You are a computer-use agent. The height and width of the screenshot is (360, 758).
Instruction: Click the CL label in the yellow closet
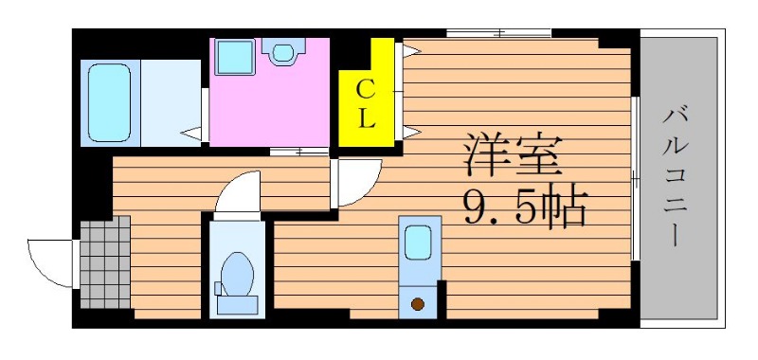pos(366,104)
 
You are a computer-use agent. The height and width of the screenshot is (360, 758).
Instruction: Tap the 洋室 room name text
pos(513,155)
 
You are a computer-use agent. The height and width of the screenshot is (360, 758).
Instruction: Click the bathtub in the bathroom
pos(110,102)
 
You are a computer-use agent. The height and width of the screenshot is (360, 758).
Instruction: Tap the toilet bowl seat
pos(238,274)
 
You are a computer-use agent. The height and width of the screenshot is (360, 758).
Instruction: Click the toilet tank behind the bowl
pos(237,305)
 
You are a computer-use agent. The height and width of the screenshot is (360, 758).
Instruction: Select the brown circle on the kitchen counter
pos(418,304)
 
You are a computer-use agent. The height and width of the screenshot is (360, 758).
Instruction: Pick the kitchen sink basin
pos(418,243)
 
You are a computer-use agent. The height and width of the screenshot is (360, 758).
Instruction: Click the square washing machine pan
pos(234,57)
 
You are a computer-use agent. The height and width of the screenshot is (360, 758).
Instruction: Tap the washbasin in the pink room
pos(283,52)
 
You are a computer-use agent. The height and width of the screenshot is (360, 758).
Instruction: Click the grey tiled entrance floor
pos(105,261)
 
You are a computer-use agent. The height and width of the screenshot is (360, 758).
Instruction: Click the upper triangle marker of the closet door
pos(412,50)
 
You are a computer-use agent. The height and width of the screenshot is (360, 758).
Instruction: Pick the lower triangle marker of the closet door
pos(412,132)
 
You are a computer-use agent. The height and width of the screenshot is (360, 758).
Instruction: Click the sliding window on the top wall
pos(498,33)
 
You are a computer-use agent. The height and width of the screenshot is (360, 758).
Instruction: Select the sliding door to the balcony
pos(636,179)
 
